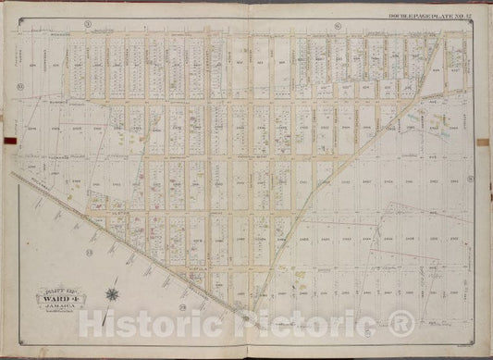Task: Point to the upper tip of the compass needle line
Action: pos(116,267)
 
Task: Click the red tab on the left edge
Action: pos(6,142)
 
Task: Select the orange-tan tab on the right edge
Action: pos(488,139)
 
